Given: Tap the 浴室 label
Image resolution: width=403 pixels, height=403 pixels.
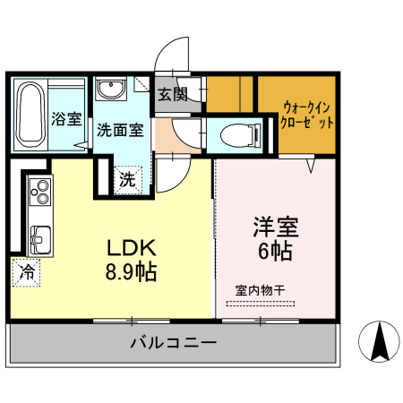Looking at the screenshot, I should point(66,118).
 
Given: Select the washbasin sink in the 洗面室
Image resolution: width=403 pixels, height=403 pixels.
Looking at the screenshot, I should point(112,90).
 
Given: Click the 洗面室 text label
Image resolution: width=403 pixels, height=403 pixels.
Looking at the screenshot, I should point(120,130).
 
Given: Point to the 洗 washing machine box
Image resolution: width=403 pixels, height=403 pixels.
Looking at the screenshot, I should point(127,179).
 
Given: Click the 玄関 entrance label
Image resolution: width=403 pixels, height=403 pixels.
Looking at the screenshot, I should point(174,95).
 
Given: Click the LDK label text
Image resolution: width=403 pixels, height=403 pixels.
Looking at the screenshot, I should point(133,248).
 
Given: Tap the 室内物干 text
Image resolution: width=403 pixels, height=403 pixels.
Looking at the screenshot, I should point(260,289).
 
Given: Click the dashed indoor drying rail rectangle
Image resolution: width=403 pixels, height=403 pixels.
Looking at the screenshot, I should point(260,304).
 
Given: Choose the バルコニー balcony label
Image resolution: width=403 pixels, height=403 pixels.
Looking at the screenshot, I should point(173,342).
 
